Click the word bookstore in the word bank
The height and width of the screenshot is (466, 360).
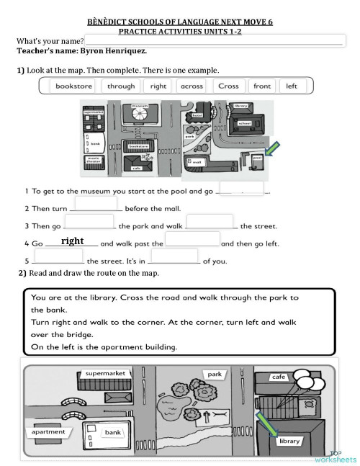(73, 86)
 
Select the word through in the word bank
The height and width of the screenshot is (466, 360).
(121, 86)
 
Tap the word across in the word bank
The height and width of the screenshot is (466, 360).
(192, 86)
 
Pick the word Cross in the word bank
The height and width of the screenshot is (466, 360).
(228, 86)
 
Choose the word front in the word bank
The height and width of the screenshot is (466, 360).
(262, 86)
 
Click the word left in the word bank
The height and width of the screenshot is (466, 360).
(292, 86)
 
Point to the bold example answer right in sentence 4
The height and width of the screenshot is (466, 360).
(73, 241)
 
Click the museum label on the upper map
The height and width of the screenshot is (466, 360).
(140, 106)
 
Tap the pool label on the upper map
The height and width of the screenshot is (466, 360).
(257, 157)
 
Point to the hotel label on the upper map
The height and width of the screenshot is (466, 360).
(197, 115)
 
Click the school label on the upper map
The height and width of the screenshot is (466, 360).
(243, 123)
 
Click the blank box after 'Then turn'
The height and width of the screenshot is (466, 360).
(96, 203)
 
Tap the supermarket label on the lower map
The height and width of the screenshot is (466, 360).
(105, 374)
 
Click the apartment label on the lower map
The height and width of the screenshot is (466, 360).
(48, 432)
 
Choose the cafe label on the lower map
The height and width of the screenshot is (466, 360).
(278, 377)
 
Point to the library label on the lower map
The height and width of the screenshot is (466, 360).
(289, 441)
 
